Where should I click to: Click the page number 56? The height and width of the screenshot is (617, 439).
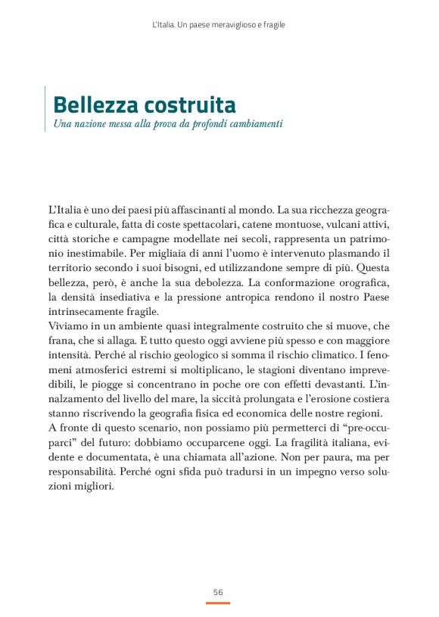[x=218, y=591]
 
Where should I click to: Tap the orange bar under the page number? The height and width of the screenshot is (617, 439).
[x=218, y=603]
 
